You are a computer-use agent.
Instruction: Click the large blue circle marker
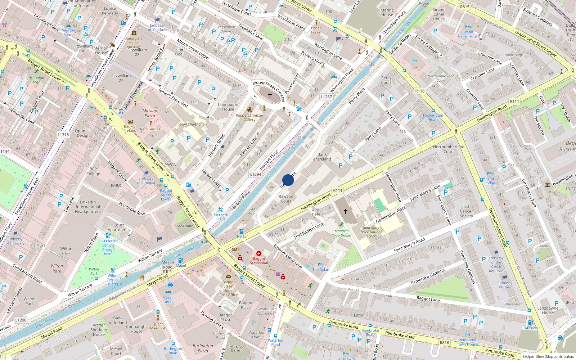(288, 180)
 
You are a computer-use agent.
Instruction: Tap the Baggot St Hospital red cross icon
(258, 253)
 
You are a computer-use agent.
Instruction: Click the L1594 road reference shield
(256, 174)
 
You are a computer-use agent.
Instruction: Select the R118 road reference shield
(420, 91)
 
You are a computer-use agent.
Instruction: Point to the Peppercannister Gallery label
(249, 117)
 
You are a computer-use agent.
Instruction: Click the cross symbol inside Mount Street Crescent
(270, 95)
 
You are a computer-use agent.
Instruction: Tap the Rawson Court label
(286, 199)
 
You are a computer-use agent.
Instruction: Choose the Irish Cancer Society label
(466, 211)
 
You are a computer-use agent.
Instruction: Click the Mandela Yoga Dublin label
(341, 233)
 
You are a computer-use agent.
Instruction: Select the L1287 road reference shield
(326, 97)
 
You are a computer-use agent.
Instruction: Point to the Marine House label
(387, 13)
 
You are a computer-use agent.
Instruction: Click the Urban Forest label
(316, 30)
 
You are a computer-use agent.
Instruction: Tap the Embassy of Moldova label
(157, 27)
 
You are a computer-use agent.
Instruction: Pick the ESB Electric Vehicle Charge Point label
(108, 247)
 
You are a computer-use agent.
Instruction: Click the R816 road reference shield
(444, 343)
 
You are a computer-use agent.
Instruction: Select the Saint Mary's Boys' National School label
(372, 232)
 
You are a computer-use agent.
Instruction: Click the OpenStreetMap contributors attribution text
(548, 357)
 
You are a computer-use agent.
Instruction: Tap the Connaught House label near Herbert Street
(228, 107)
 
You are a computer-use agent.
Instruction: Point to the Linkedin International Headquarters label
(88, 207)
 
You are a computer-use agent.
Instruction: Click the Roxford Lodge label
(490, 181)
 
